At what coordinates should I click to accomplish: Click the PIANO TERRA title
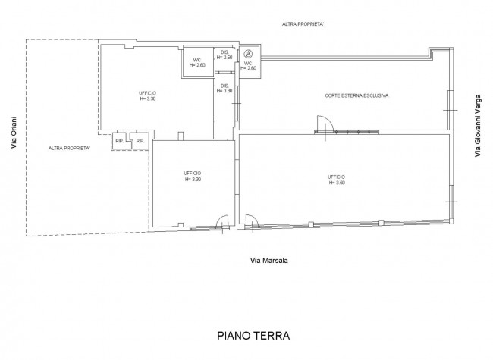(253, 336)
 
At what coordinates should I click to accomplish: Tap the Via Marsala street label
(268, 261)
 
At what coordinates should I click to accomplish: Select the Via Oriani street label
(14, 133)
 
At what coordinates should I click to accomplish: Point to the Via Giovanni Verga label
(478, 126)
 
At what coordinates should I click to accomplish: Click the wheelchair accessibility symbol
(248, 55)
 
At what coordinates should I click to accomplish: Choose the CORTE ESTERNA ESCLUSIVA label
(356, 95)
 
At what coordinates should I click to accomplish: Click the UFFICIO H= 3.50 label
(337, 180)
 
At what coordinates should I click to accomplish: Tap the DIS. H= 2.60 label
(225, 55)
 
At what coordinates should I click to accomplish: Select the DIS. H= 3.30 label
(225, 88)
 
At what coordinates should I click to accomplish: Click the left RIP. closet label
(119, 141)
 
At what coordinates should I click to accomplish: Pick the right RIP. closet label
(140, 141)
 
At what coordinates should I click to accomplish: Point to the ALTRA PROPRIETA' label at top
(303, 24)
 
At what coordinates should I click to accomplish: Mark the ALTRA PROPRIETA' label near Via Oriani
(69, 148)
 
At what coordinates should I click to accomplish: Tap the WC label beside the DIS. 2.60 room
(197, 62)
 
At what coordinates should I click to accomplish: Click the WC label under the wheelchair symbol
(248, 66)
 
